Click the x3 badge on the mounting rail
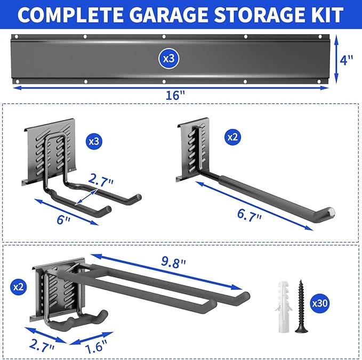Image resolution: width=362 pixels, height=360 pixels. (x=168, y=59)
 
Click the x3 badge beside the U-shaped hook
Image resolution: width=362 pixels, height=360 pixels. (x=93, y=142)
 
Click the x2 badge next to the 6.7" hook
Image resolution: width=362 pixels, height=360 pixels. (x=232, y=137)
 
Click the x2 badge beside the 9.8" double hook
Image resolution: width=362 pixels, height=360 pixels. (x=18, y=286)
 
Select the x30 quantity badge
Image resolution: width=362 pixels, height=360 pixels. (x=320, y=303)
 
